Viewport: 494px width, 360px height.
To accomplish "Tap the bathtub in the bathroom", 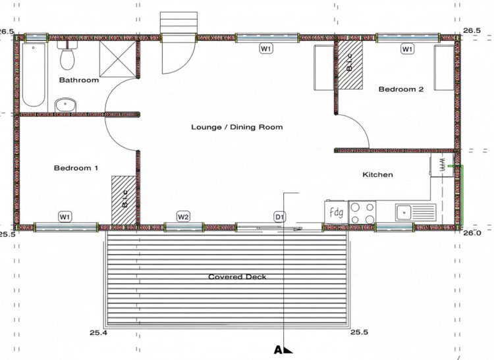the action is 34,75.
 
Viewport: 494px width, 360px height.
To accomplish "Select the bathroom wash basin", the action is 65,105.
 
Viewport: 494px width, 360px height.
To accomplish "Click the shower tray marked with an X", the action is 118,59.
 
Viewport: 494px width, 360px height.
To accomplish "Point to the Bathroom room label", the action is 79,80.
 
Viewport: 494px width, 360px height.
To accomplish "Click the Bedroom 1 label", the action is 76,168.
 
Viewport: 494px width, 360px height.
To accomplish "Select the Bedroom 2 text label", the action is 401,89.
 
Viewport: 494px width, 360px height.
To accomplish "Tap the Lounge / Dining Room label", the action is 237,127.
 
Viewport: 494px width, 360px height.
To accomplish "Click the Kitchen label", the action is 378,174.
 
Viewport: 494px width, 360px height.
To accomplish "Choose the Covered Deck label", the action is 237,277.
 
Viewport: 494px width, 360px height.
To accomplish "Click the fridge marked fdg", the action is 336,213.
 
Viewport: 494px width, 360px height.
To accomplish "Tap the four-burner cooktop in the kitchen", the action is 362,213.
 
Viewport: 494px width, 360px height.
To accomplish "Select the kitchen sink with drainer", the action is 416,213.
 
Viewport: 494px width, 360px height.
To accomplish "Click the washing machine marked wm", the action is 442,165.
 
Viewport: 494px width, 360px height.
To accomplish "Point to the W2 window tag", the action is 183,217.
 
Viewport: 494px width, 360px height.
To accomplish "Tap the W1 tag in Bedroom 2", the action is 407,49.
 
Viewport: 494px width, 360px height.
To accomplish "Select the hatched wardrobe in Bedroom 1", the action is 124,200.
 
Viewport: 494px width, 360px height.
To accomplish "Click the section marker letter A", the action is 278,350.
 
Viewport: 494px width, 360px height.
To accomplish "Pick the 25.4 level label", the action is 99,332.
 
